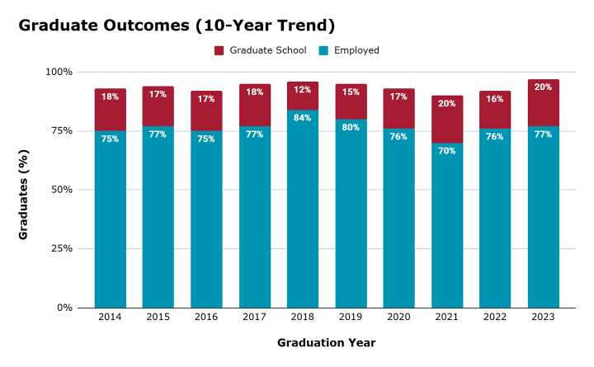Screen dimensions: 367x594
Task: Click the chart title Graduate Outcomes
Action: pos(165,26)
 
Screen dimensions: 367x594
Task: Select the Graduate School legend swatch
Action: pos(219,50)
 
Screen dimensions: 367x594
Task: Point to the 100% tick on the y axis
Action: pos(59,72)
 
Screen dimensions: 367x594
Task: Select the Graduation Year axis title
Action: pos(328,342)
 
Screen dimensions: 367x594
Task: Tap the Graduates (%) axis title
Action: pos(26,190)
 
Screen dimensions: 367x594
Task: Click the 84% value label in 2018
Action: pos(303,118)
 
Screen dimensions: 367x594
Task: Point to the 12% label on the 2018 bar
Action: pos(303,90)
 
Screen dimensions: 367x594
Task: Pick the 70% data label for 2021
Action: pos(447,151)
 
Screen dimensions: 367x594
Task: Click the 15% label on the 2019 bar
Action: pos(351,92)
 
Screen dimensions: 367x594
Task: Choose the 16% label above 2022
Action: pos(495,98)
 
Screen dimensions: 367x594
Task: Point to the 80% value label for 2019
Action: pos(351,128)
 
